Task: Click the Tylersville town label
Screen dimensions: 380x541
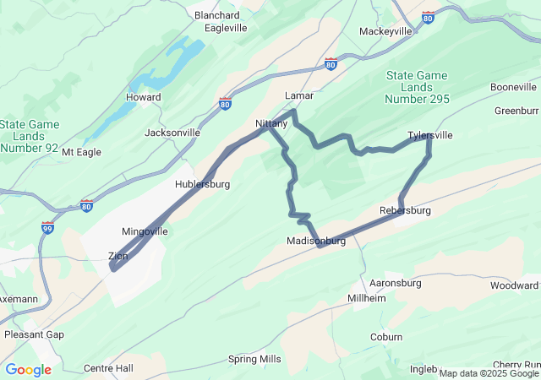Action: click(x=429, y=135)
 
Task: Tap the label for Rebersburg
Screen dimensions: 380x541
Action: click(x=406, y=210)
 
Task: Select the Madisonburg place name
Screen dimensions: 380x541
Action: click(x=316, y=241)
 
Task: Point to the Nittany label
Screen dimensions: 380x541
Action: click(x=271, y=124)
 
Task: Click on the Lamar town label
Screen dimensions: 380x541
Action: click(x=299, y=95)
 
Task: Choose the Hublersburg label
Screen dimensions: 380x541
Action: click(x=202, y=183)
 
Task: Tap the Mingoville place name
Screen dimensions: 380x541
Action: click(x=145, y=231)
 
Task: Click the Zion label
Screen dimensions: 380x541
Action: click(x=118, y=256)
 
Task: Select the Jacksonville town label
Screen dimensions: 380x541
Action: click(x=172, y=133)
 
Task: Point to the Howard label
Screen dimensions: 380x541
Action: click(x=143, y=97)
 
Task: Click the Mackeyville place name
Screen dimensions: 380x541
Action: click(x=385, y=31)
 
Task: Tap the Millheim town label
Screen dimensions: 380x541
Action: click(x=368, y=299)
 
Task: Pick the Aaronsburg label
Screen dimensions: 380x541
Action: click(x=396, y=283)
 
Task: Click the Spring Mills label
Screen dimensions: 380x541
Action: click(x=254, y=359)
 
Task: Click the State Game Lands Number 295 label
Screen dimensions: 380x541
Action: click(x=418, y=87)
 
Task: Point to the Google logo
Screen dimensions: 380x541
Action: click(x=28, y=370)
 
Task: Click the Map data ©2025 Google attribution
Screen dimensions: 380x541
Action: click(x=489, y=373)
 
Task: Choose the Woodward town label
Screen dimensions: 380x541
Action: click(x=513, y=285)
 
